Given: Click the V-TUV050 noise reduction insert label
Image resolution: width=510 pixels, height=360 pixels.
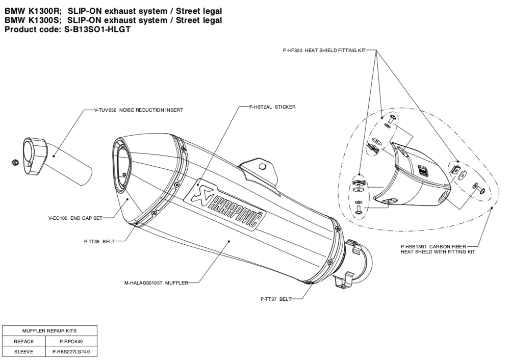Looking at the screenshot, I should (139, 110).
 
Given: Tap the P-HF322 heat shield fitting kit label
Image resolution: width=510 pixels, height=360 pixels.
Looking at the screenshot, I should (324, 50).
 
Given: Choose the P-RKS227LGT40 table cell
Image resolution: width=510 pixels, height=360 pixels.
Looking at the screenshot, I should (68, 351).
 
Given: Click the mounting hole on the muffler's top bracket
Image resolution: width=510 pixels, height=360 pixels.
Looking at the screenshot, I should (262, 166).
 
